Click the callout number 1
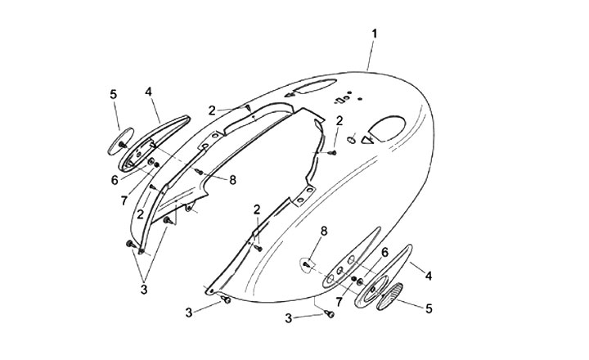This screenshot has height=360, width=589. click(374, 34)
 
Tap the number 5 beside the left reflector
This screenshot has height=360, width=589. click(114, 95)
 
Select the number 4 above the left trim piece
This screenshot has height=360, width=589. click(149, 92)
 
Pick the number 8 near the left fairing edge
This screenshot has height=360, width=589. click(232, 180)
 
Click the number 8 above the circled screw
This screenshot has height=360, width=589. click(323, 232)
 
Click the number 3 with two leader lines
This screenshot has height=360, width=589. click(144, 289)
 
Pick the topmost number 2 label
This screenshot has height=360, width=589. click(211, 110)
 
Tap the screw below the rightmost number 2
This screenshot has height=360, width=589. click(334, 151)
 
